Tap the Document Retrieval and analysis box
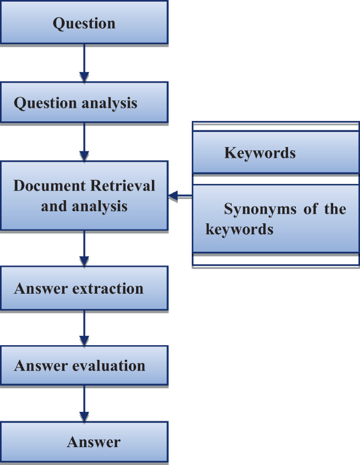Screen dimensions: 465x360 tap(84, 195)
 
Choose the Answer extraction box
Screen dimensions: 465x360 tap(84, 288)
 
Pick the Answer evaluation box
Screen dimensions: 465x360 tap(84, 365)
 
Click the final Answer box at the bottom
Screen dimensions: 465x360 tap(84, 442)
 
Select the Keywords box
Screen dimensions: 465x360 tap(276, 152)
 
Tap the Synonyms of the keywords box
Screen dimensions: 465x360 tap(276, 219)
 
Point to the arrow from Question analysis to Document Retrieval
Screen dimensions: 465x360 tap(84, 141)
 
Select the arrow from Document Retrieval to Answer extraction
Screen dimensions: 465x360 tap(84, 248)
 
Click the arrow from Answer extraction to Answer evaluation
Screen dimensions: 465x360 tap(84, 327)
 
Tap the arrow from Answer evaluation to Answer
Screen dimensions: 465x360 tap(84, 404)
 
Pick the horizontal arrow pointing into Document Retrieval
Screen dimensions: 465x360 tap(180, 197)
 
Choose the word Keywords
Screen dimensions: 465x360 tap(260, 153)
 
